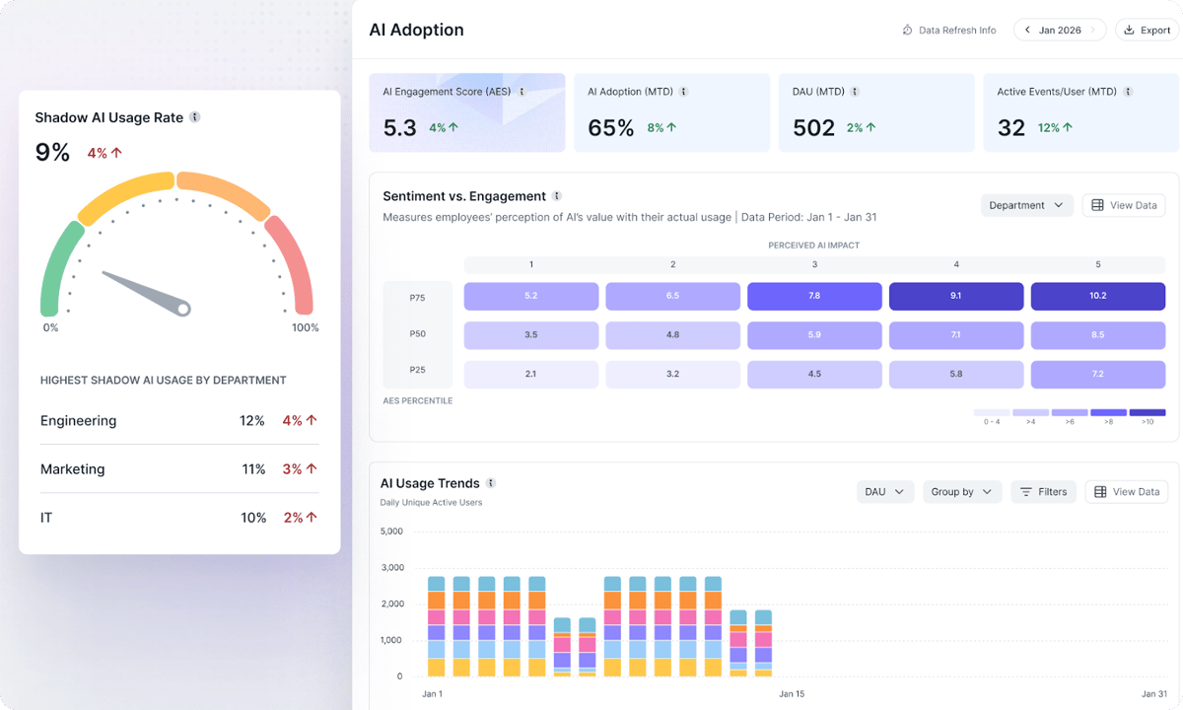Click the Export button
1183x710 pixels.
coord(1147,31)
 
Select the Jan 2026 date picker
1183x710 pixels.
coord(1060,31)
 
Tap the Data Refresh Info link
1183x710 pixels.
coord(949,31)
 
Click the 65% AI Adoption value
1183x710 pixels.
coord(611,127)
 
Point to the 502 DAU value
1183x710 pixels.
coord(814,127)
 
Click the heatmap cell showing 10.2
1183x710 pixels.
coord(1098,296)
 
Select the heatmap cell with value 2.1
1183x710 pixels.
coord(531,374)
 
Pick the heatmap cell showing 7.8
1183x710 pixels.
coord(814,296)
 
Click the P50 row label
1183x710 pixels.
coord(418,334)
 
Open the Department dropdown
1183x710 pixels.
coord(1026,205)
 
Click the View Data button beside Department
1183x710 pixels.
coord(1124,205)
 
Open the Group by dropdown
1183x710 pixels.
coord(961,491)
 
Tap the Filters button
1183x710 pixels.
coord(1043,491)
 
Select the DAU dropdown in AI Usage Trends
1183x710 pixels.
coord(884,491)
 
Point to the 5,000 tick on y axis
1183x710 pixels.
coord(391,532)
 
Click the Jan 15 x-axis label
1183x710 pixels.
coord(792,694)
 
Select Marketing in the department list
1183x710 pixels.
coord(72,469)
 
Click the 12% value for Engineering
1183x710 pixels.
coord(251,421)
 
